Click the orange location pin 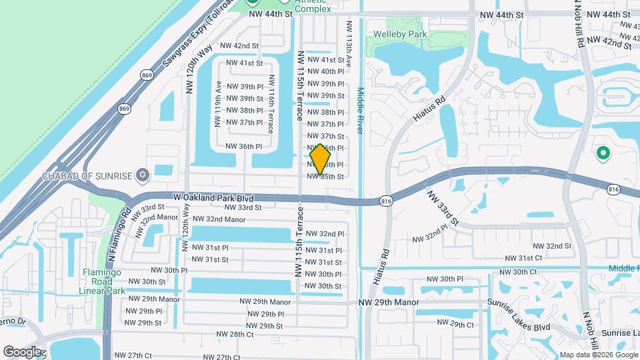(321, 159)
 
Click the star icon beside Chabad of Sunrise (141, 176)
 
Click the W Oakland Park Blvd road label (214, 197)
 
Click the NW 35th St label (325, 177)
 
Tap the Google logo (22, 351)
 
